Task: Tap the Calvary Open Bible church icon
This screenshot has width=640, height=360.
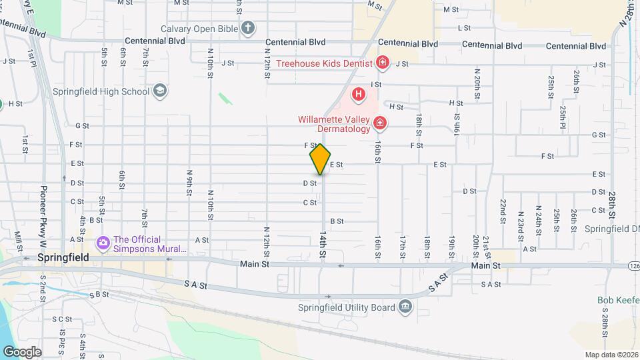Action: tap(248, 28)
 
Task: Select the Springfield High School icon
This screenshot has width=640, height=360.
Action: tap(159, 90)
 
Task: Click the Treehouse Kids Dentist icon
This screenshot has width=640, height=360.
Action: tap(383, 63)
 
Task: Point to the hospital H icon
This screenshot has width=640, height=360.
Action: tap(359, 95)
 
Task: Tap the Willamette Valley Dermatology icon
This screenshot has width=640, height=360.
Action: tap(379, 123)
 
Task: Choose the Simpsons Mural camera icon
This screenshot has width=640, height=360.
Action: tap(103, 243)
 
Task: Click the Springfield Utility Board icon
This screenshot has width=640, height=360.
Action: tap(405, 307)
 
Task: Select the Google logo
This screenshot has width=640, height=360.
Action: tap(22, 351)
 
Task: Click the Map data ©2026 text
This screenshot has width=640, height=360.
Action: tap(611, 355)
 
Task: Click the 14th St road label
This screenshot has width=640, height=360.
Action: tap(323, 245)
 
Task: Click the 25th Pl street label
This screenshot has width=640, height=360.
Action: tap(563, 117)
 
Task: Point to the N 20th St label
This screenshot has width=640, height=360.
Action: tap(477, 84)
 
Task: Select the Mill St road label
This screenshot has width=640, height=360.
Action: tap(18, 238)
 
